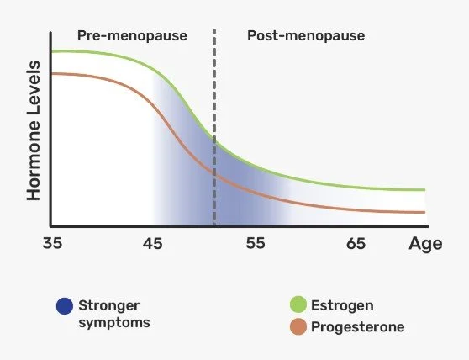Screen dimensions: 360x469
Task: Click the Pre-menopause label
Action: [132, 36]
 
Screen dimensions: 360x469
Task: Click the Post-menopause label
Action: [306, 36]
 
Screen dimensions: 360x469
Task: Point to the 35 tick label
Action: [51, 245]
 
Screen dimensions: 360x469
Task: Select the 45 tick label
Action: [152, 245]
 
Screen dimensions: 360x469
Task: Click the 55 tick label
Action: [255, 245]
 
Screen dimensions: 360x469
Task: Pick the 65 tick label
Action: [356, 245]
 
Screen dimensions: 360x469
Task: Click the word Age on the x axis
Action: [424, 245]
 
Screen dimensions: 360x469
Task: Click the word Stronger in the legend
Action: [107, 305]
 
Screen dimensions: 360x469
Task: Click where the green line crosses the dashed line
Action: [215, 141]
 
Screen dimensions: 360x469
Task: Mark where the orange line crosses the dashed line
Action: [215, 173]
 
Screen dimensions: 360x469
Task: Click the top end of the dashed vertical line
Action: [215, 30]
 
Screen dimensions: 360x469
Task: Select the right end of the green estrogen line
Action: [424, 190]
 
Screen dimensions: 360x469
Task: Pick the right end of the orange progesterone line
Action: [424, 212]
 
